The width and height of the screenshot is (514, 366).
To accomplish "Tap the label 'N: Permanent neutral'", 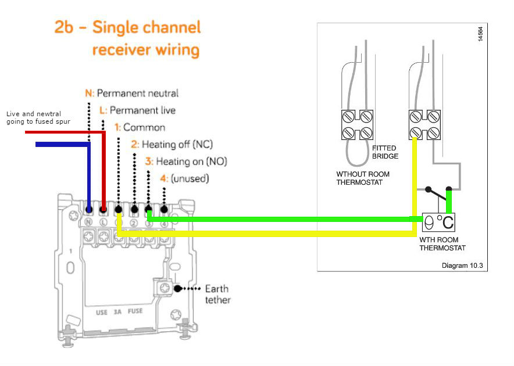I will click(132, 93).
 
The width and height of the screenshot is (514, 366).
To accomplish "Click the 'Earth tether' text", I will click(217, 294).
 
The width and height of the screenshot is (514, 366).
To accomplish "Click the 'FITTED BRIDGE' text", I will click(385, 152).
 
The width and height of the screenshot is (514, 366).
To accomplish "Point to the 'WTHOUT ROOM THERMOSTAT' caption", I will click(363, 178).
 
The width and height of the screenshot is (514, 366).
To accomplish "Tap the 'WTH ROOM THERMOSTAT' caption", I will click(442, 244).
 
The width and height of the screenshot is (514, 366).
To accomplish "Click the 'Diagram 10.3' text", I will click(462, 266).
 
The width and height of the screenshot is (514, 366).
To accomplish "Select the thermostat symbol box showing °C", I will click(439, 222).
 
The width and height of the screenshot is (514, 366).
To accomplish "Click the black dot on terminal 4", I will click(164, 209).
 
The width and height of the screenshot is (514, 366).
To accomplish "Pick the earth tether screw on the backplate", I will click(164, 288).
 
